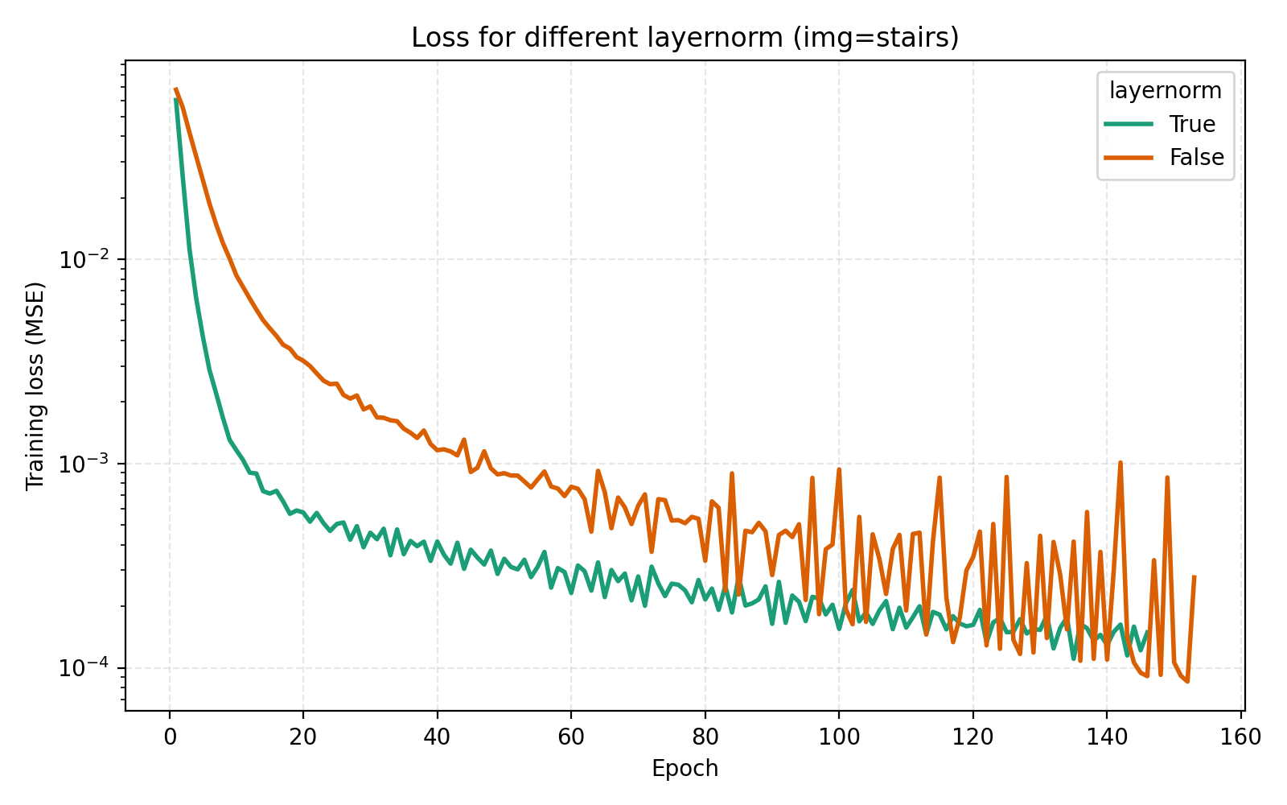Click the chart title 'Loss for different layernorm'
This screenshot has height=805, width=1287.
coord(685,38)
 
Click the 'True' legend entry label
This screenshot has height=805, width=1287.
coord(1192,124)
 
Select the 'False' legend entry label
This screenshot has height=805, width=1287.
coord(1196,158)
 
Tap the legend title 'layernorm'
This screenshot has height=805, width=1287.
coord(1166,91)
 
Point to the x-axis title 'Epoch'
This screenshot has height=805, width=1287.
coord(685,769)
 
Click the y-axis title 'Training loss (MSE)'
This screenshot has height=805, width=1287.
coord(35,386)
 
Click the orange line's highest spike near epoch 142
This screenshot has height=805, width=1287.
coord(1120,463)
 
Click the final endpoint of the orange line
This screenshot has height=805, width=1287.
coord(1194,576)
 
